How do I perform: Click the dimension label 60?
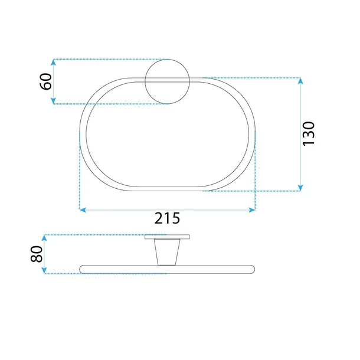coord(46,81)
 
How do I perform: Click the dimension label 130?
coord(308,133)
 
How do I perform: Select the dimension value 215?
coord(167,218)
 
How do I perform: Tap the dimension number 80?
coord(37,254)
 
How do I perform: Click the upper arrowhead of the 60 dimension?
coord(53,62)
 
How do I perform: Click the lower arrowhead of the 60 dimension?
coord(53,101)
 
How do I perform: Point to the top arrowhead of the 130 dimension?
coord(300,81)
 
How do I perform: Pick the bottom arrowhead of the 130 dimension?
coord(300,188)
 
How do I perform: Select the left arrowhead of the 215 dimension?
coord(83,210)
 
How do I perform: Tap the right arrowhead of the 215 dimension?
coord(252,210)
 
